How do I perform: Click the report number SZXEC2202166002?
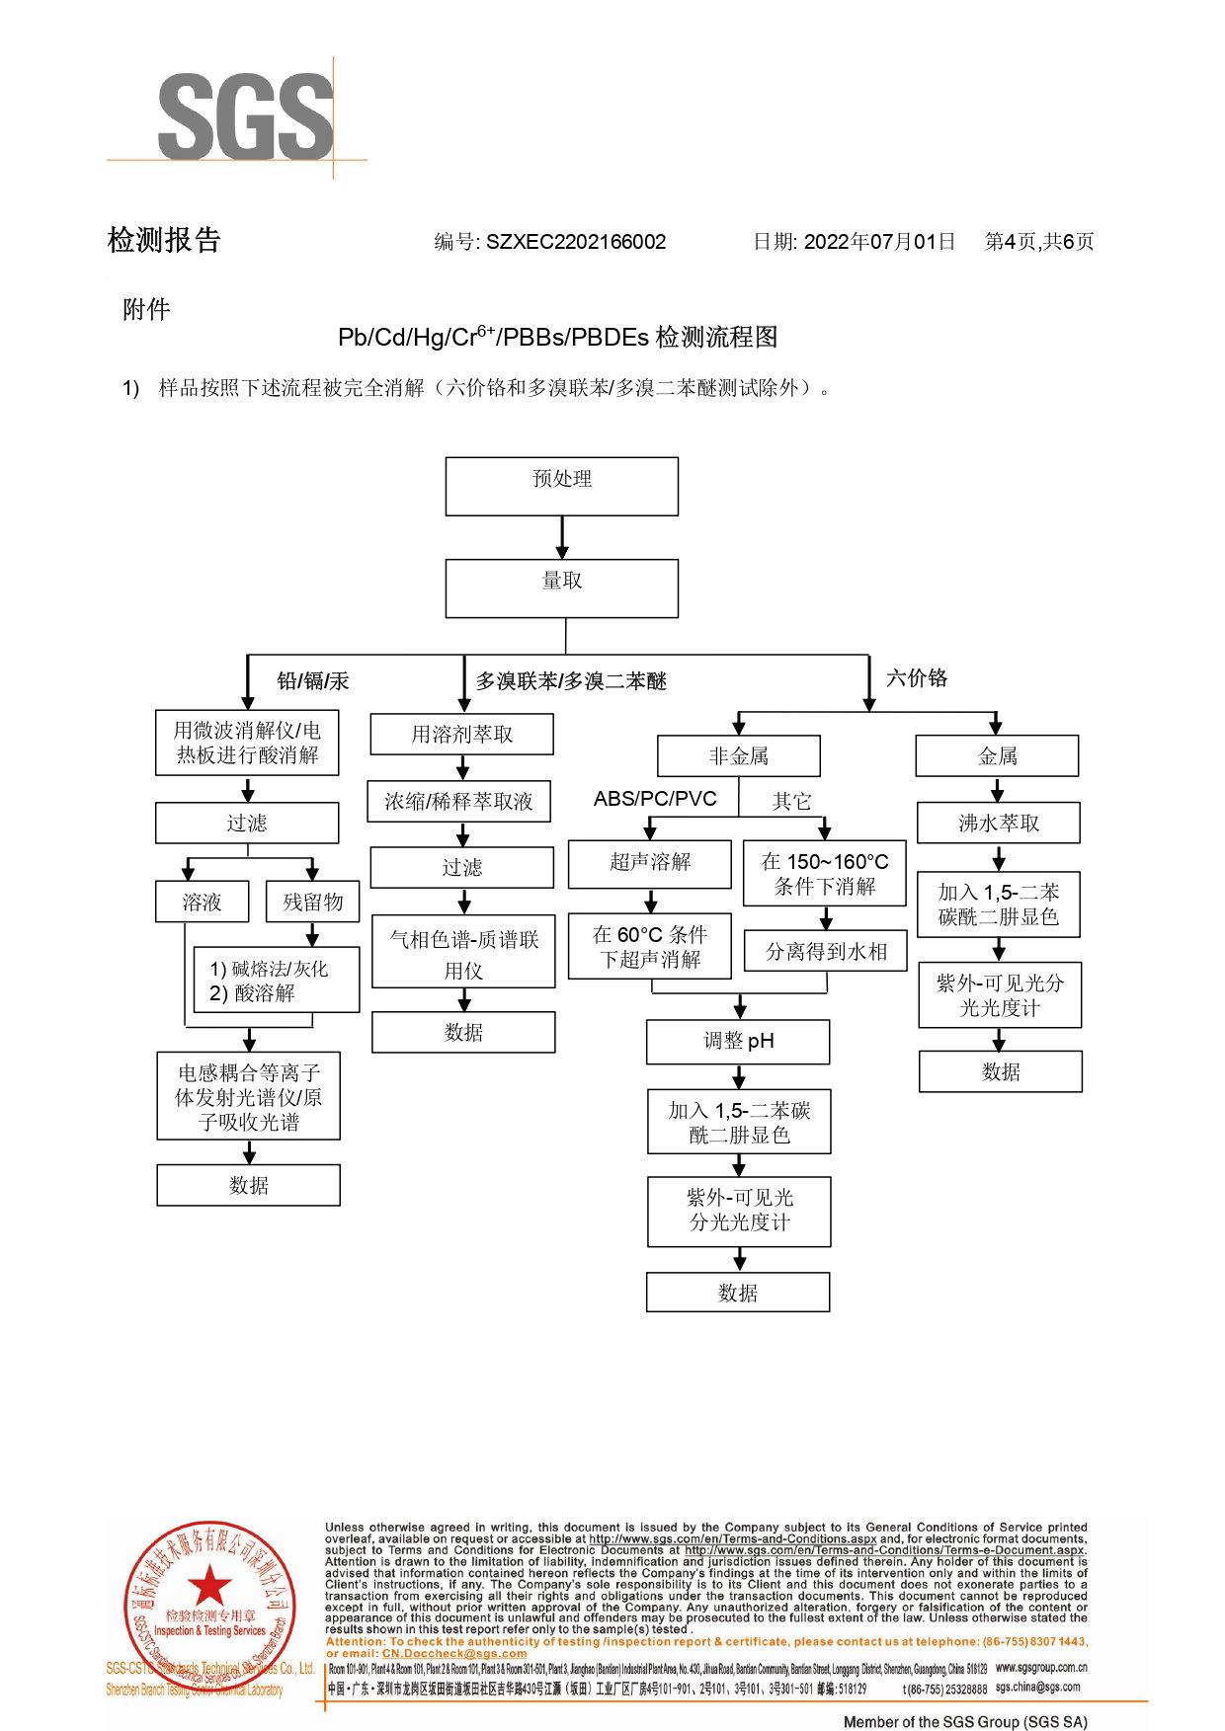tap(575, 242)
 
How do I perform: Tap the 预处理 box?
tap(561, 486)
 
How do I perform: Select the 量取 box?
tap(561, 589)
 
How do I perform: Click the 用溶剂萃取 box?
tap(461, 734)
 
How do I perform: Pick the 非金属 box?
tap(738, 756)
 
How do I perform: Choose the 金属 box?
tap(997, 756)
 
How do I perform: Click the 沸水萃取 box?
tap(999, 823)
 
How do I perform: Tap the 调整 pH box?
tap(738, 1042)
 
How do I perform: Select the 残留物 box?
tap(312, 902)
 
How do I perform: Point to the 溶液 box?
tap(202, 902)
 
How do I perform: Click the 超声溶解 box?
tap(650, 863)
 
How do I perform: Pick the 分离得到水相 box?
tap(825, 951)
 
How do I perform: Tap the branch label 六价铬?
tap(917, 678)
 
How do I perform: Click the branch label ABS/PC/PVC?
tap(655, 799)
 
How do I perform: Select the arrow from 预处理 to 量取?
tap(562, 538)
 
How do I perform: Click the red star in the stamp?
tap(209, 1585)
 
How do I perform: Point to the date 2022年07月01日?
tap(879, 242)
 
